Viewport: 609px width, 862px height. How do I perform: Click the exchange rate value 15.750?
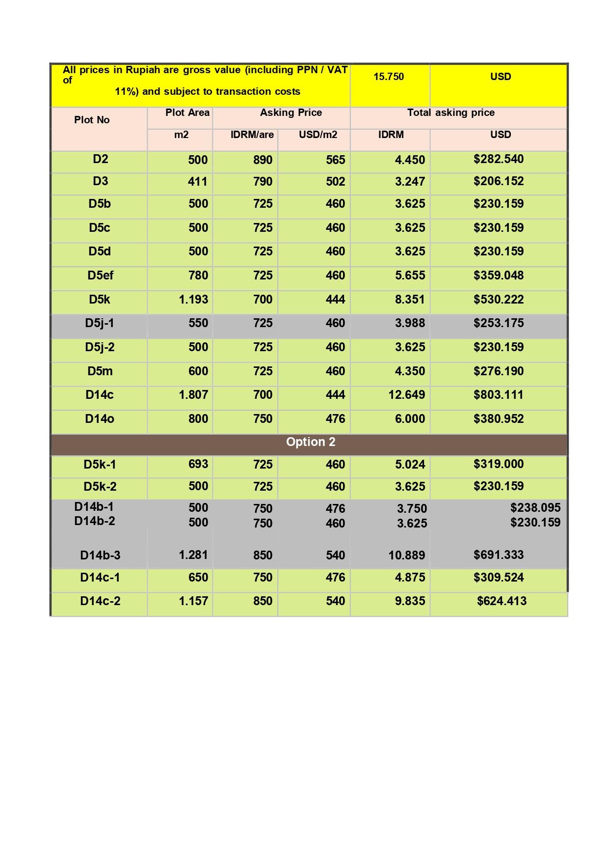pyautogui.click(x=388, y=77)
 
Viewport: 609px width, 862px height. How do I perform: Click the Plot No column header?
pyautogui.click(x=92, y=120)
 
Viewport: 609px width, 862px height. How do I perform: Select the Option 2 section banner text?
pyautogui.click(x=311, y=442)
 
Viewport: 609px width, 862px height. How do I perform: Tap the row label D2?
pyautogui.click(x=100, y=159)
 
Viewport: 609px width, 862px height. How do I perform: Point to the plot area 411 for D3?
pyautogui.click(x=197, y=182)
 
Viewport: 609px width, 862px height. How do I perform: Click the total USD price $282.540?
pyautogui.click(x=499, y=159)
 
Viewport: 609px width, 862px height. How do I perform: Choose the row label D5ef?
pyautogui.click(x=100, y=276)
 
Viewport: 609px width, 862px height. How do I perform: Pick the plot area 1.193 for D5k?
pyautogui.click(x=193, y=300)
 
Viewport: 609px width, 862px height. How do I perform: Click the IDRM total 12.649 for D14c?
pyautogui.click(x=406, y=395)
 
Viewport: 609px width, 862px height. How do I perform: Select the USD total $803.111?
pyautogui.click(x=499, y=395)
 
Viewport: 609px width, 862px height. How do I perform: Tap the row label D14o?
pyautogui.click(x=100, y=419)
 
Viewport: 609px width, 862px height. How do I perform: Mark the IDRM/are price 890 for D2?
pyautogui.click(x=263, y=160)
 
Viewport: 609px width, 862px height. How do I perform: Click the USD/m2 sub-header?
pyautogui.click(x=318, y=135)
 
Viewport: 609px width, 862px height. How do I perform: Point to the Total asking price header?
pyautogui.click(x=450, y=112)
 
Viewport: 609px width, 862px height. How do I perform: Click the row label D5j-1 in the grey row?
pyautogui.click(x=99, y=323)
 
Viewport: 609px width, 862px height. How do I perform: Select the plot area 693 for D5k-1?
pyautogui.click(x=198, y=464)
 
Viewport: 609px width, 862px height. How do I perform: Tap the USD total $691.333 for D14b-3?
pyautogui.click(x=499, y=555)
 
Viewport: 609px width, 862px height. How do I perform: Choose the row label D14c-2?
pyautogui.click(x=100, y=601)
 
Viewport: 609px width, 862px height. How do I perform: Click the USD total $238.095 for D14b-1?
pyautogui.click(x=535, y=508)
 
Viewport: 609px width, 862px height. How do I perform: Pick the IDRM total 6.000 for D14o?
pyautogui.click(x=410, y=419)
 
